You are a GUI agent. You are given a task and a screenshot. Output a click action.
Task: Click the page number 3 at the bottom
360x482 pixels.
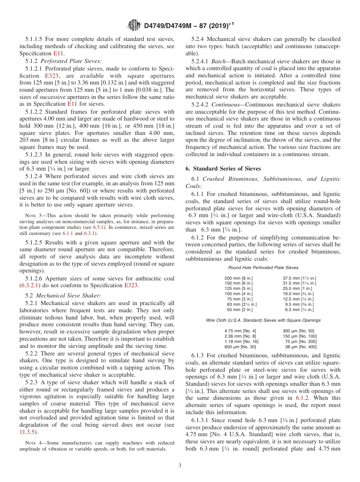(x=180, y=466)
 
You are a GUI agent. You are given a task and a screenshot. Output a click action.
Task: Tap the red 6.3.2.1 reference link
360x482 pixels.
(x=30, y=285)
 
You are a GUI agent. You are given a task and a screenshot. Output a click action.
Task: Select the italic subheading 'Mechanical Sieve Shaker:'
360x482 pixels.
(x=68, y=296)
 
